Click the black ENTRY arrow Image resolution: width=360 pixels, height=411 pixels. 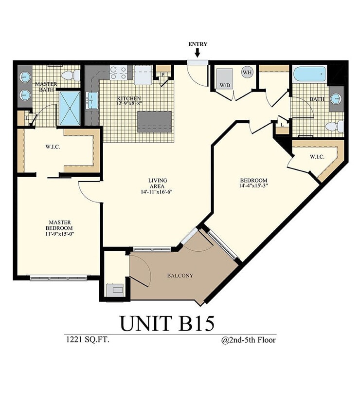198,53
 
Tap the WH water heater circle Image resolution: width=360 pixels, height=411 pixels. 247,72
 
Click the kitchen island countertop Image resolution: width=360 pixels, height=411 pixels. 155,121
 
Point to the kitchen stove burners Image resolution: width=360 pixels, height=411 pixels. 118,73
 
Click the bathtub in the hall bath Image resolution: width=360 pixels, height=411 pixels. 309,74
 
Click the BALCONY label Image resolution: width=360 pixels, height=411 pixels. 180,276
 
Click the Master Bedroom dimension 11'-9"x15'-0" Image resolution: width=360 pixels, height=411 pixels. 59,234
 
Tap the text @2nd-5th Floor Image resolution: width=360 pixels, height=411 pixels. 248,340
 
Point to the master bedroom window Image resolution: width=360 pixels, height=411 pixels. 58,278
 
